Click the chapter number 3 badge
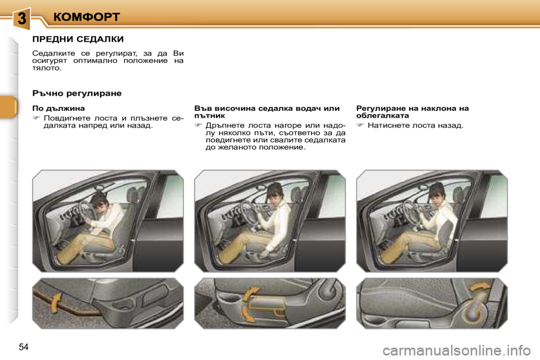tap(21, 18)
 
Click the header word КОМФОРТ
tap(87, 17)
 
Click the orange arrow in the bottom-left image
tap(56, 303)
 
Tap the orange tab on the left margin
tap(8, 107)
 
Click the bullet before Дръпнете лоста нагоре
tap(199, 125)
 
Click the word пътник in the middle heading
tap(209, 115)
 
